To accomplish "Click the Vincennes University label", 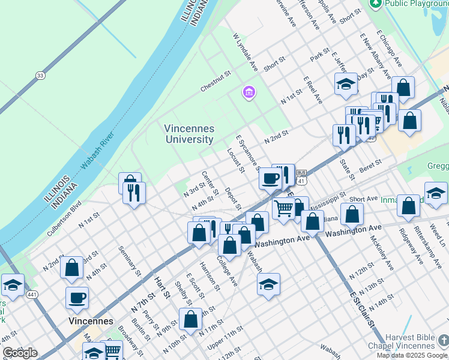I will [189, 134].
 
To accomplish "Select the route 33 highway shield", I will [40, 75].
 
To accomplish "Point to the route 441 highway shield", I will [32, 295].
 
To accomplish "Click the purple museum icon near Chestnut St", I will [249, 92].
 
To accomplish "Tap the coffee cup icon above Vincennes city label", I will [77, 297].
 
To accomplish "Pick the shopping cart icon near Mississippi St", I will [283, 208].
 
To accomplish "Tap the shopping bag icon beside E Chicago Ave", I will [404, 87].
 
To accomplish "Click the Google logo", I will [20, 353].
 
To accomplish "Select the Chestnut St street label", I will [215, 82].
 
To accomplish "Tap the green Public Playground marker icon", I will [376, 3].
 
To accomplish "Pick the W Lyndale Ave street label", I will [245, 52].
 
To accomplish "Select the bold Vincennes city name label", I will [91, 321].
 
